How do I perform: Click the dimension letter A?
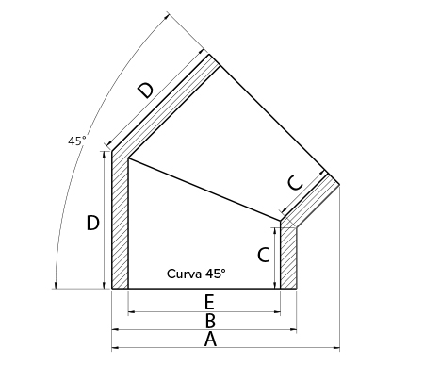pyautogui.click(x=210, y=340)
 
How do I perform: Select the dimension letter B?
pyautogui.click(x=210, y=321)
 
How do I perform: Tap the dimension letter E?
pyautogui.click(x=209, y=302)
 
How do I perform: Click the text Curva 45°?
pyautogui.click(x=196, y=274)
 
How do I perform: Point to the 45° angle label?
pyautogui.click(x=76, y=141)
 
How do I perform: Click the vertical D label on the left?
pyautogui.click(x=92, y=223)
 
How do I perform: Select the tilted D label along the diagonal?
pyautogui.click(x=146, y=91)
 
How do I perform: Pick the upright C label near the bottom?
pyautogui.click(x=264, y=255)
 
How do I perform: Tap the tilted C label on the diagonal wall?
pyautogui.click(x=296, y=183)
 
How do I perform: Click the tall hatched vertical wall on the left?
pyautogui.click(x=121, y=220)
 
